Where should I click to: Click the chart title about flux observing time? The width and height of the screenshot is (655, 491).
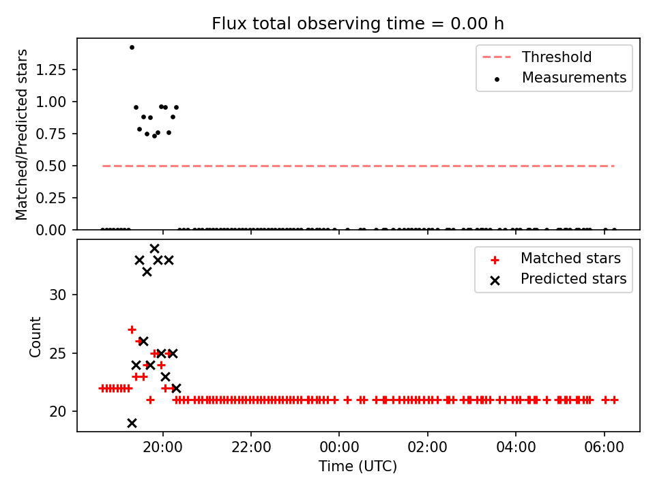pyautogui.click(x=358, y=23)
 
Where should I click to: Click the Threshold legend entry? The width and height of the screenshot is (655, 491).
pyautogui.click(x=537, y=57)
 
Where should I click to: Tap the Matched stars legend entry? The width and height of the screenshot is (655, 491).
pyautogui.click(x=555, y=258)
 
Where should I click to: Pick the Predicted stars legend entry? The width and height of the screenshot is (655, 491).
pyautogui.click(x=558, y=279)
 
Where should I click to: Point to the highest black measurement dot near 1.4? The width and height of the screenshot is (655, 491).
pyautogui.click(x=132, y=48)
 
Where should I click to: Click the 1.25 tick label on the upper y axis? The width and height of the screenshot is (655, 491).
pyautogui.click(x=51, y=70)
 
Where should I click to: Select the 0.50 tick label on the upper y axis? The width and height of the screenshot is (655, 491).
pyautogui.click(x=51, y=166)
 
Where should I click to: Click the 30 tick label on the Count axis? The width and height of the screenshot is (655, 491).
pyautogui.click(x=57, y=295)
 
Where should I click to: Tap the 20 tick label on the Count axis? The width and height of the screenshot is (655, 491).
pyautogui.click(x=57, y=412)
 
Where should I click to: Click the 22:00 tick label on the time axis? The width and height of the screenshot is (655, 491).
pyautogui.click(x=251, y=447)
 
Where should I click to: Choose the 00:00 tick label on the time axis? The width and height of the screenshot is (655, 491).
pyautogui.click(x=339, y=447)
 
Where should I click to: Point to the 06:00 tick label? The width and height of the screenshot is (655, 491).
pyautogui.click(x=604, y=447)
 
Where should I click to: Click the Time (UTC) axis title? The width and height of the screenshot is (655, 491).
pyautogui.click(x=358, y=466)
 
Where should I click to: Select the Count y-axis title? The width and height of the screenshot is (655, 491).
pyautogui.click(x=35, y=337)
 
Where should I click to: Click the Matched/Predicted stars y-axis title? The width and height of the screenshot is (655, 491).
pyautogui.click(x=21, y=134)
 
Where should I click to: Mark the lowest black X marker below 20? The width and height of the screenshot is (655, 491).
pyautogui.click(x=132, y=423)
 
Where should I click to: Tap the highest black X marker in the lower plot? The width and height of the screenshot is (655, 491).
pyautogui.click(x=154, y=249)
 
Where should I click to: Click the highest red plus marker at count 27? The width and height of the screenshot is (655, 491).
pyautogui.click(x=132, y=330)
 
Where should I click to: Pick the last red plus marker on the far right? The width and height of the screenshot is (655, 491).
pyautogui.click(x=614, y=400)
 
